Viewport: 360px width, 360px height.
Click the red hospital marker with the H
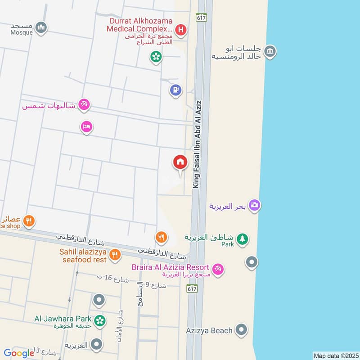tap(181, 30)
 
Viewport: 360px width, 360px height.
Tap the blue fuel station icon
tap(175, 90)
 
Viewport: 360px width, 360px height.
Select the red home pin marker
tap(180, 162)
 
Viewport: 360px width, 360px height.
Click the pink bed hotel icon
tap(87, 127)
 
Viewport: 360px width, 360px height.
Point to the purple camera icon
tap(255, 205)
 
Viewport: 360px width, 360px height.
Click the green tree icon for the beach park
tap(243, 239)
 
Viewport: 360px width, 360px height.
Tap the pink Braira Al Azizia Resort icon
tap(218, 269)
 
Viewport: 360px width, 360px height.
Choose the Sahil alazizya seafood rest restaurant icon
tap(115, 255)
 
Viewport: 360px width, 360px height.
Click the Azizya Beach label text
tap(209, 331)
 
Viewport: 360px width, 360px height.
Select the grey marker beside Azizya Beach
tap(242, 331)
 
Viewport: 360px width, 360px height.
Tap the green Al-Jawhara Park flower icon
tap(100, 320)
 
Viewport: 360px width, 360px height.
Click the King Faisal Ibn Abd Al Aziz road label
tap(196, 144)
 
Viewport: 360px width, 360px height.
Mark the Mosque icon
tap(41, 27)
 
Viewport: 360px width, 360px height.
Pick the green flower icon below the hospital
tap(156, 57)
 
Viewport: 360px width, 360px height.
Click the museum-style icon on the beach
tap(270, 51)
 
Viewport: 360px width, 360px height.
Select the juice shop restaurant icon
tap(29, 220)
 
